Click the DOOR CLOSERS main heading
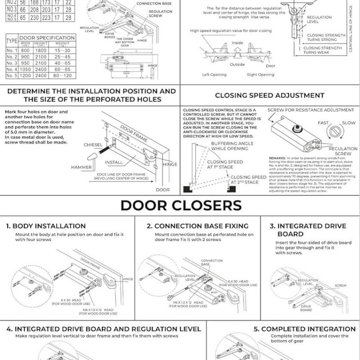180,206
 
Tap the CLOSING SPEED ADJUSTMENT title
270,95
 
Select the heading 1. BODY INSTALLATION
46,226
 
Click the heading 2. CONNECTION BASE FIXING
198,226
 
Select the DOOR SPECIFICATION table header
47,38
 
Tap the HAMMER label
81,167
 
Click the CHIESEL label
94,145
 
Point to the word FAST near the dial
324,122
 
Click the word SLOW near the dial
349,122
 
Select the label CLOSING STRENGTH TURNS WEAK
322,50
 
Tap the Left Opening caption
215,75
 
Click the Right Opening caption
261,75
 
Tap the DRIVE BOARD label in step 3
306,308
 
